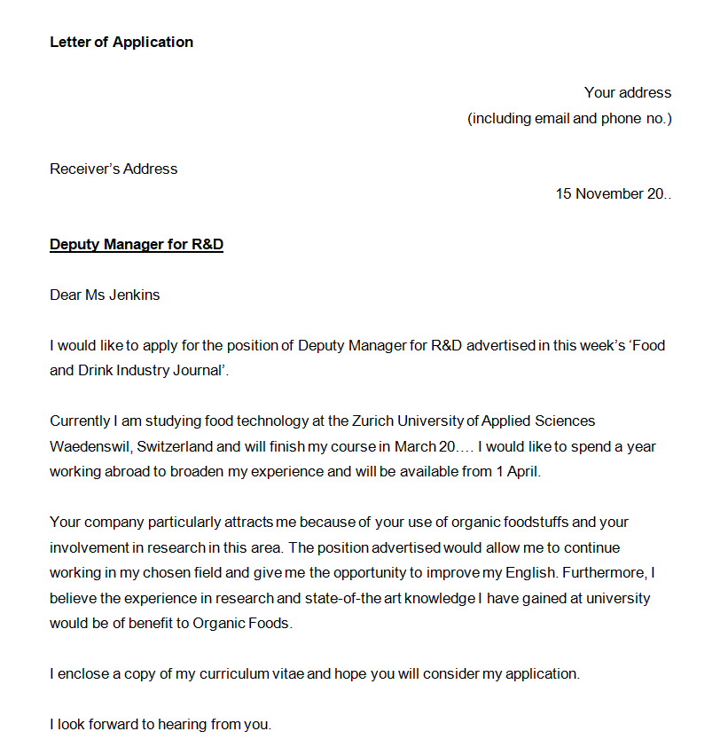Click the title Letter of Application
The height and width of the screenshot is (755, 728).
click(x=121, y=42)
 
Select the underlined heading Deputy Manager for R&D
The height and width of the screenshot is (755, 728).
click(x=137, y=244)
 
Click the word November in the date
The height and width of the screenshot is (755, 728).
click(x=609, y=193)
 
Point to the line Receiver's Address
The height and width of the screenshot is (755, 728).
click(x=114, y=169)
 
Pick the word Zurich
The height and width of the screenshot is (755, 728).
click(x=372, y=421)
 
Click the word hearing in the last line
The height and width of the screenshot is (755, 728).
click(x=183, y=724)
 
